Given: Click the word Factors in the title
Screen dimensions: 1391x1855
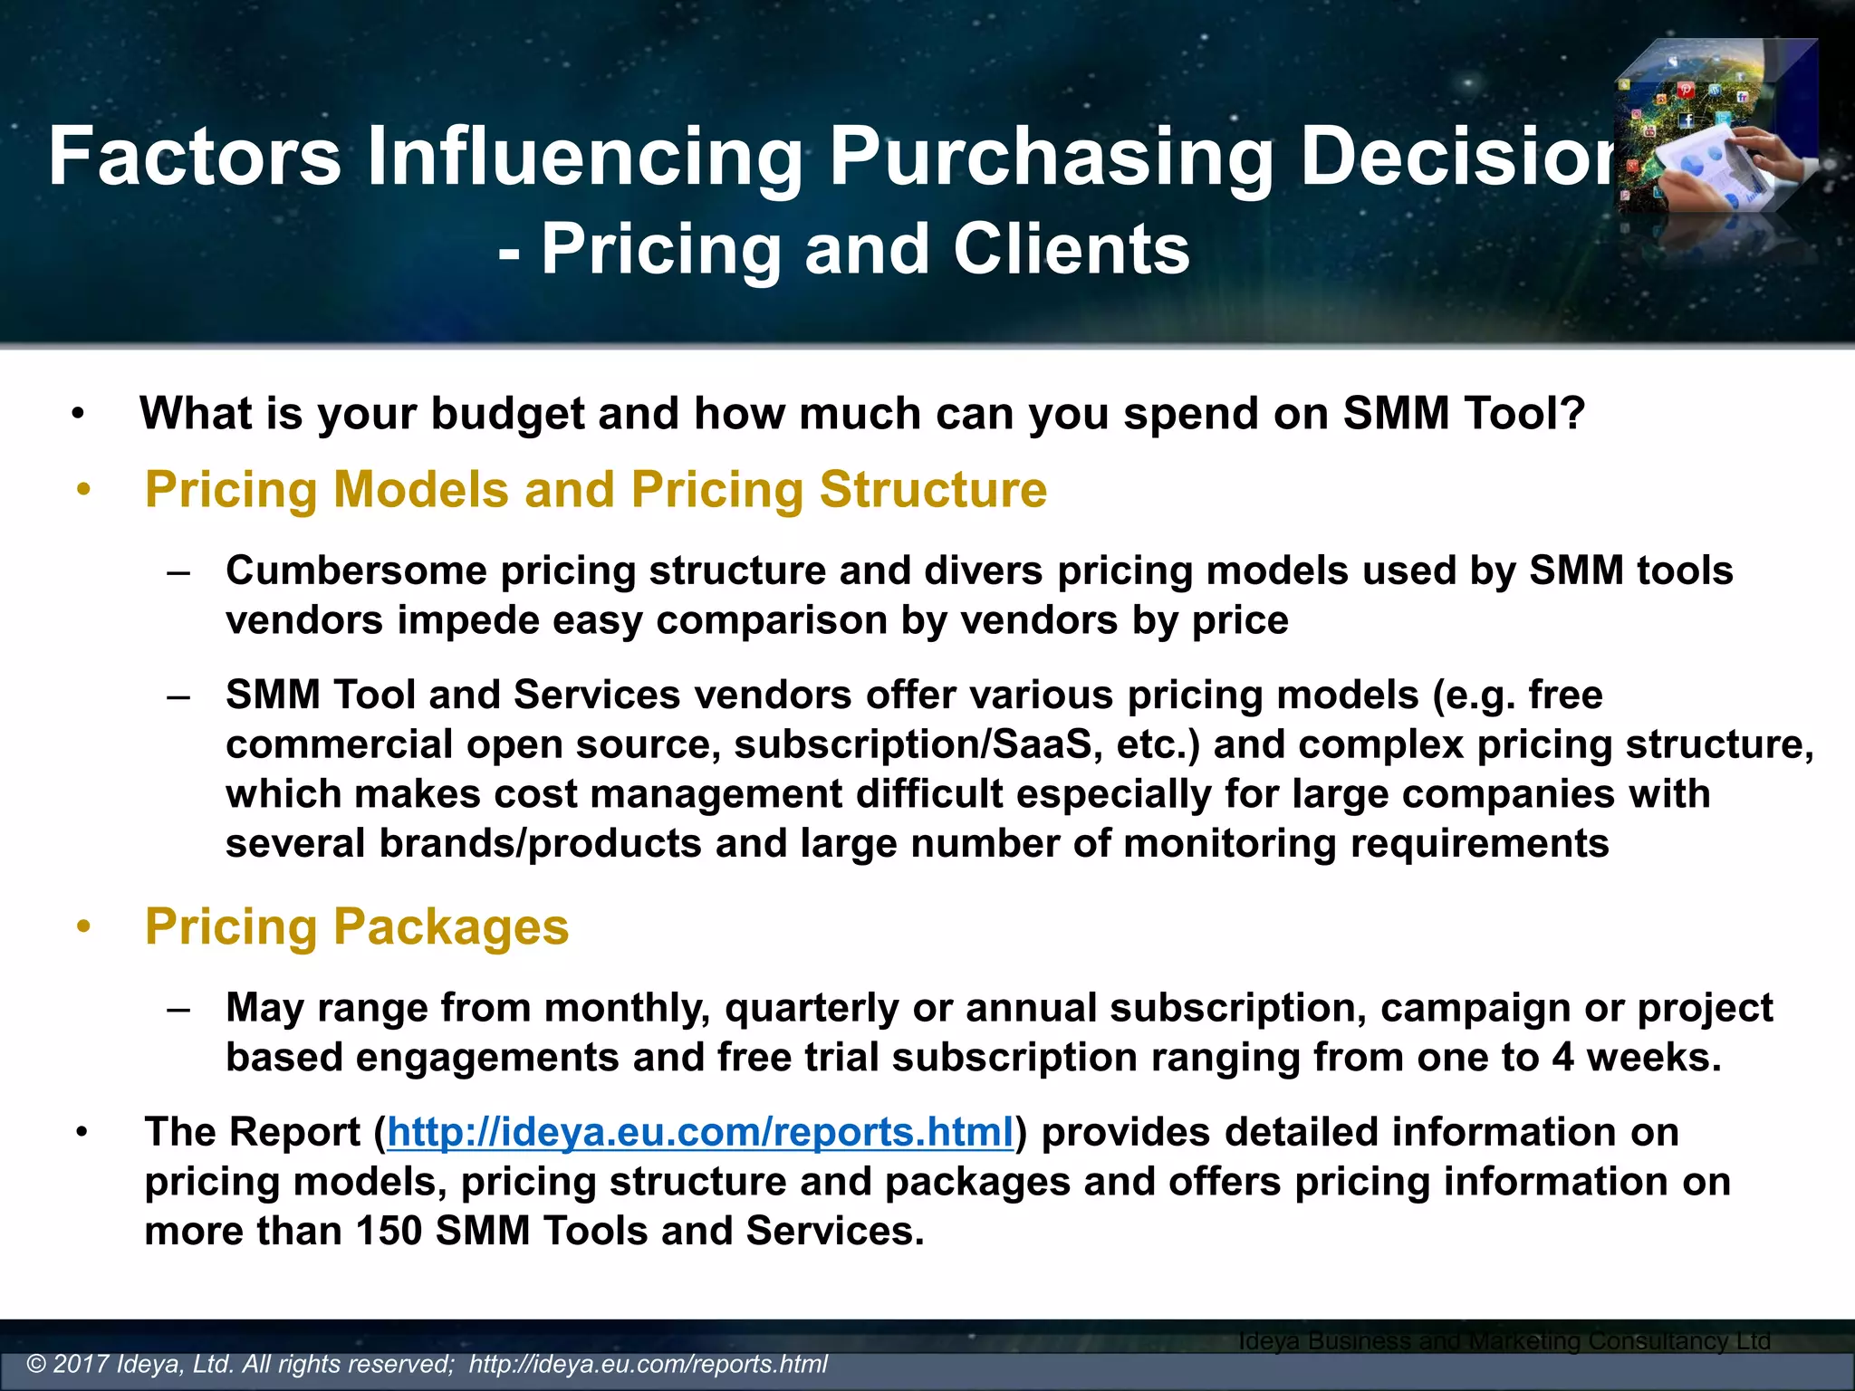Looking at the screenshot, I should [x=195, y=156].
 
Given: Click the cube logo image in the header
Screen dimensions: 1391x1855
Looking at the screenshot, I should [x=1716, y=127].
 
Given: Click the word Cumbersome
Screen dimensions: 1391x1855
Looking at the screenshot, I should [x=357, y=571].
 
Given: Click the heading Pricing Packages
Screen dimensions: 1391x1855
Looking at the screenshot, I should [x=357, y=926].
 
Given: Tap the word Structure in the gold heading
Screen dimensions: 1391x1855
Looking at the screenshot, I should [x=933, y=490].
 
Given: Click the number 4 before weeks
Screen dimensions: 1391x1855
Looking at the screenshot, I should [x=1563, y=1058].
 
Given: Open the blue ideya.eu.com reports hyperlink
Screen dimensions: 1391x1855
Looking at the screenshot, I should [x=700, y=1132].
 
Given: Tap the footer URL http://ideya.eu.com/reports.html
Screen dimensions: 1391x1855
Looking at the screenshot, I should [x=648, y=1364].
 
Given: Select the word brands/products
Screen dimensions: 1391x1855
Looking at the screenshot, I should [x=540, y=844].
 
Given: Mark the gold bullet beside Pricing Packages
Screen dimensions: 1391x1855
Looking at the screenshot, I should [x=84, y=927].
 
